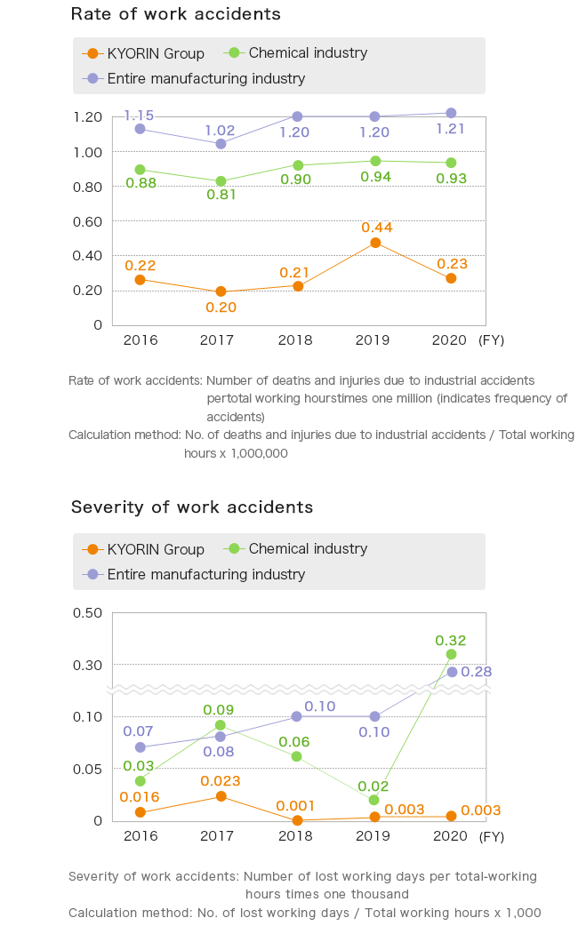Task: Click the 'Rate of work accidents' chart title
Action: pyautogui.click(x=175, y=14)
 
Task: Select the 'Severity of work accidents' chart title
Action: pyautogui.click(x=192, y=507)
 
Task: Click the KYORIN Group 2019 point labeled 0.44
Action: pyautogui.click(x=375, y=243)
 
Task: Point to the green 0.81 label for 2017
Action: pyautogui.click(x=221, y=195)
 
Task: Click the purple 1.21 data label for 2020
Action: pyautogui.click(x=451, y=129)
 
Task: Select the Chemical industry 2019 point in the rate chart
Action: pyautogui.click(x=375, y=161)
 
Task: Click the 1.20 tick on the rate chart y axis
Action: pyautogui.click(x=88, y=116)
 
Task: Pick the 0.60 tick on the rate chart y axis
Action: pyautogui.click(x=88, y=220)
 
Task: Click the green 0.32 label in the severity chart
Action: pyautogui.click(x=451, y=640)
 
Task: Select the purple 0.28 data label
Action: pyautogui.click(x=477, y=672)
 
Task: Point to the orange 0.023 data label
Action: pyautogui.click(x=219, y=780)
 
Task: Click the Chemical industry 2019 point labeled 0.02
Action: pyautogui.click(x=374, y=800)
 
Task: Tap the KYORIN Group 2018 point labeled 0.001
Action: pyautogui.click(x=297, y=820)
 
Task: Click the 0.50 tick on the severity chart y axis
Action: pyautogui.click(x=88, y=612)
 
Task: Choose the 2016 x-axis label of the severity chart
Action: pyautogui.click(x=140, y=835)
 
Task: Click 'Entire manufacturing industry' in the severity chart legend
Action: pyautogui.click(x=205, y=574)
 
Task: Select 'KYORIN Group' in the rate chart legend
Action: pyautogui.click(x=156, y=53)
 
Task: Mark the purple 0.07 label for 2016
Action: pyautogui.click(x=138, y=730)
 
